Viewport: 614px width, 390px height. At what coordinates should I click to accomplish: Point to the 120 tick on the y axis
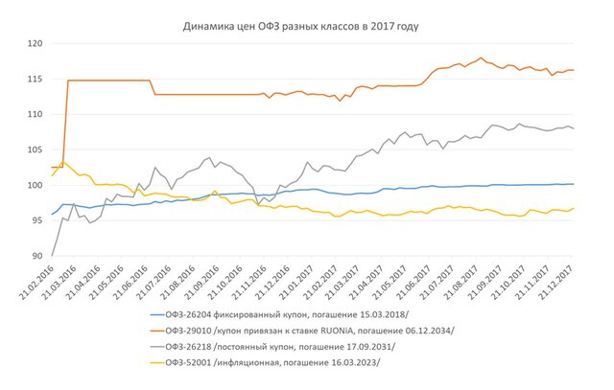(x=34, y=44)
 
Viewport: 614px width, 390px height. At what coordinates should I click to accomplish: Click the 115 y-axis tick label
(x=34, y=80)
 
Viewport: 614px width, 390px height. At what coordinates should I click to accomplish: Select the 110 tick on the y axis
(x=34, y=115)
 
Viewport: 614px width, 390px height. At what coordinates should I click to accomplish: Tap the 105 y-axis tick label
(x=34, y=149)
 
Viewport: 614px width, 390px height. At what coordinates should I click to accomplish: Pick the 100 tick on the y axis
(x=34, y=185)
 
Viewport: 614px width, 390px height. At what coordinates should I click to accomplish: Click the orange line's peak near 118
(x=481, y=57)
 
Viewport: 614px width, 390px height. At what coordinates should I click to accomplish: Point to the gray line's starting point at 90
(x=51, y=255)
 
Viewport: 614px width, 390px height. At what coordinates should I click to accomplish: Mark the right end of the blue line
(x=574, y=184)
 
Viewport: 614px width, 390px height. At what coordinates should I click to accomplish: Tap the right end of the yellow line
(x=574, y=208)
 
